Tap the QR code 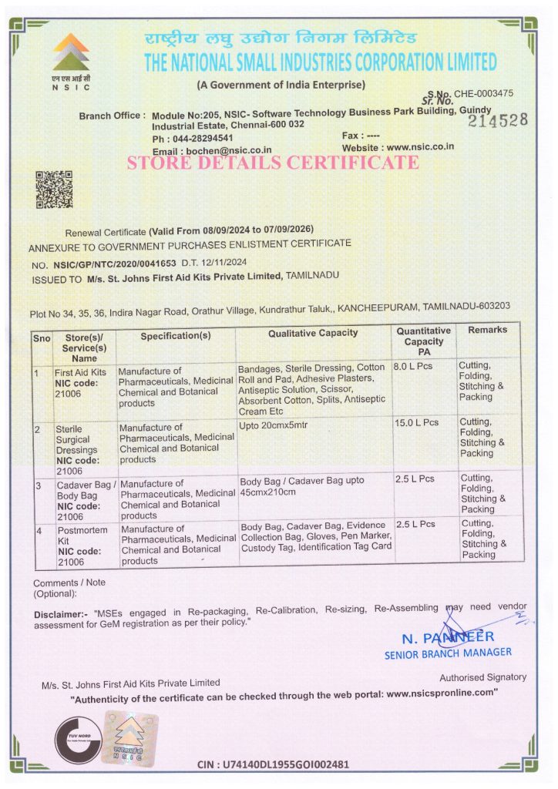tap(55, 190)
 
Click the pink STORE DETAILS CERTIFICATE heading tap(273, 163)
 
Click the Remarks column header tap(487, 330)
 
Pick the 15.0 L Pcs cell tap(417, 422)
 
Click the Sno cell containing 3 tap(38, 485)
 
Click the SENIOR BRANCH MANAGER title tap(447, 653)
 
